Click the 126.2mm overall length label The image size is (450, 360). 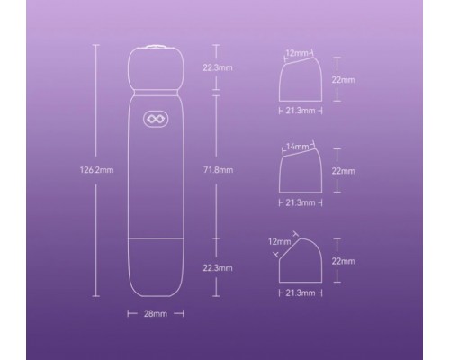[x=96, y=170]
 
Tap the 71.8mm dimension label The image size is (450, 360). [x=218, y=170]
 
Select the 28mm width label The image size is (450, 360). [x=156, y=314]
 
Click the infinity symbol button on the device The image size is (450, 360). [x=156, y=120]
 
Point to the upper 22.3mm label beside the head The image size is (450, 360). [x=218, y=67]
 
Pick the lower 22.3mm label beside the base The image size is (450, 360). [x=218, y=268]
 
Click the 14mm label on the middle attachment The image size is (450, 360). [x=297, y=147]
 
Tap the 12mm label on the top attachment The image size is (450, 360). [x=297, y=53]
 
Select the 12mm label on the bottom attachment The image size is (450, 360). [x=280, y=241]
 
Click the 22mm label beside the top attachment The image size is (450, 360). [x=343, y=80]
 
